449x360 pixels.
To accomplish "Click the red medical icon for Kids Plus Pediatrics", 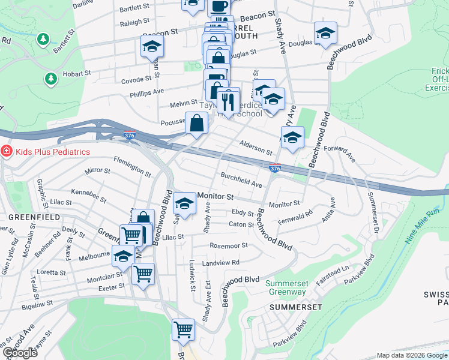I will tap(7, 151).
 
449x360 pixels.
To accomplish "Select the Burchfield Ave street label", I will tap(241, 180).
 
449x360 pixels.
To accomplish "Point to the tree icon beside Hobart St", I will tap(50, 79).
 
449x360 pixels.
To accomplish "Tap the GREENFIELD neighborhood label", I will tap(23, 215).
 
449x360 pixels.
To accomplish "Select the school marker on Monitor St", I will tap(184, 205).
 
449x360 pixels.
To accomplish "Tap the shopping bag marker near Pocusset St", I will tap(196, 124).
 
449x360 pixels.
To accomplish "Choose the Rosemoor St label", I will tap(228, 246).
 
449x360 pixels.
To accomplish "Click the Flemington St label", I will tap(132, 166).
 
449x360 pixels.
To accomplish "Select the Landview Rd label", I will tap(220, 263).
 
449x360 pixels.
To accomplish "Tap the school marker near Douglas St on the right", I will tap(325, 34).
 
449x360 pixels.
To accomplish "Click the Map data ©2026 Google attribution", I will tap(411, 355).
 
